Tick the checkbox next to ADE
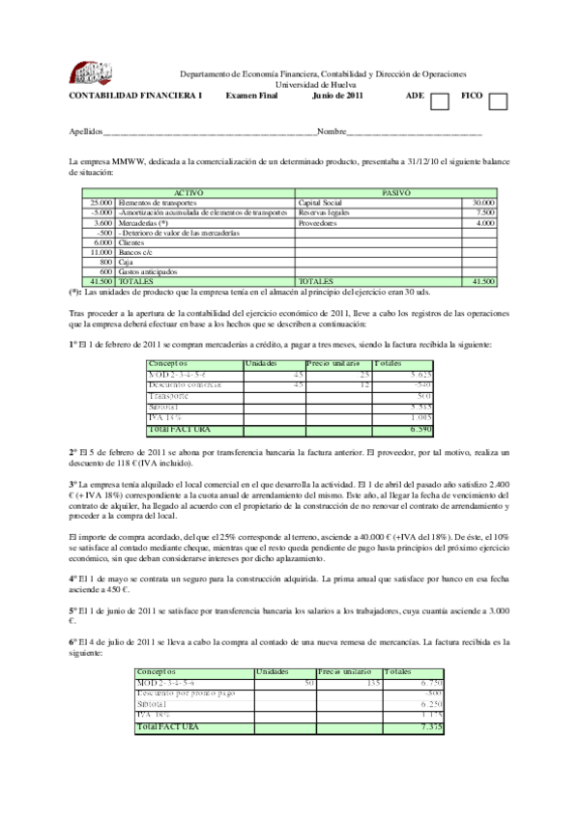[440, 101]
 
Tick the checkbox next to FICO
[498, 101]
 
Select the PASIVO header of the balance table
[395, 193]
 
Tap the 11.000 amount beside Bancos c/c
[101, 252]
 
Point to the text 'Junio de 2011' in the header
[337, 96]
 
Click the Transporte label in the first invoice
[168, 395]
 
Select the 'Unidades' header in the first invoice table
[264, 362]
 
